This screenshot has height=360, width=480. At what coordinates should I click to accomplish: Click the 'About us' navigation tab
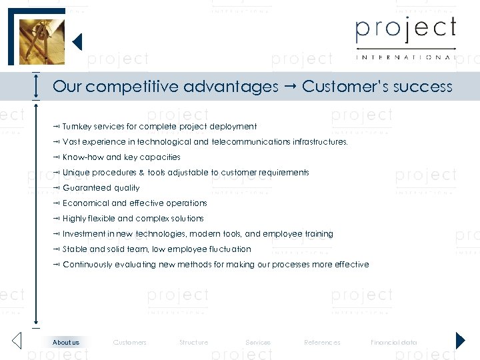click(x=66, y=343)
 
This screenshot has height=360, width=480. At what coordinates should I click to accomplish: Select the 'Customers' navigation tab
click(x=130, y=343)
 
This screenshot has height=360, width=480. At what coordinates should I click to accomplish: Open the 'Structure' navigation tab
click(x=193, y=343)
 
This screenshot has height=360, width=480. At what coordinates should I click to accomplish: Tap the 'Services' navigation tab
click(x=258, y=343)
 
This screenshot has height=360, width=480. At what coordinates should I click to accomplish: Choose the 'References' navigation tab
click(x=322, y=343)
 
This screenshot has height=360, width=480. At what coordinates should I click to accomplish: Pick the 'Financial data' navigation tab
click(x=394, y=343)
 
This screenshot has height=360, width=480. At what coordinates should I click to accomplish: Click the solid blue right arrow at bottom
click(x=460, y=341)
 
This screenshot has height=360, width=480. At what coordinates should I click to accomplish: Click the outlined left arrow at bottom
click(x=17, y=341)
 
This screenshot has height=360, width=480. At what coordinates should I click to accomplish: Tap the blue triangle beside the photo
click(x=77, y=42)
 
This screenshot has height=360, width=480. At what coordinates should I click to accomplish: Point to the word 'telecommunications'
click(x=251, y=142)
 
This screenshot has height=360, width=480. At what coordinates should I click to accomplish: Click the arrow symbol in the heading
click(x=290, y=87)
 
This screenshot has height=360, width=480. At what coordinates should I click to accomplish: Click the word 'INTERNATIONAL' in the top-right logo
click(x=405, y=57)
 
